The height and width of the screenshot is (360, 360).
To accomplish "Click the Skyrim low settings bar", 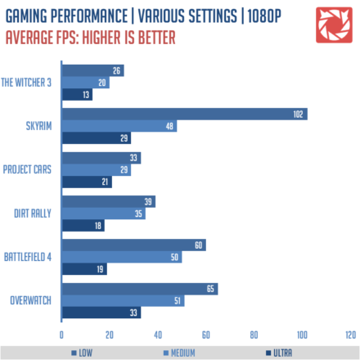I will click(184, 114).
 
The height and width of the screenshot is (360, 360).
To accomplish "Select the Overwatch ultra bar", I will click(101, 312).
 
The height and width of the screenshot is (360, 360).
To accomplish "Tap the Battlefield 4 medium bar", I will click(121, 257).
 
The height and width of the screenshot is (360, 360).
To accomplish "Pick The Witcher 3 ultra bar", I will click(77, 94).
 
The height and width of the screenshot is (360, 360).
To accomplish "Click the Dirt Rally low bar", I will click(108, 201).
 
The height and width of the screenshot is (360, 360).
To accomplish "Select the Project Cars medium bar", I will click(96, 169).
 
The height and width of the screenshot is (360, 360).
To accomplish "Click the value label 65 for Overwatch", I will click(211, 289).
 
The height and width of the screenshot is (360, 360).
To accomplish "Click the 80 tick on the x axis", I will click(254, 334).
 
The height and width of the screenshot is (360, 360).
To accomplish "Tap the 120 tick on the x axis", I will click(350, 334).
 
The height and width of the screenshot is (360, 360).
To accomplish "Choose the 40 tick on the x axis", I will click(158, 334).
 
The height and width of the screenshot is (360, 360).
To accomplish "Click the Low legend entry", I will click(79, 352).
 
